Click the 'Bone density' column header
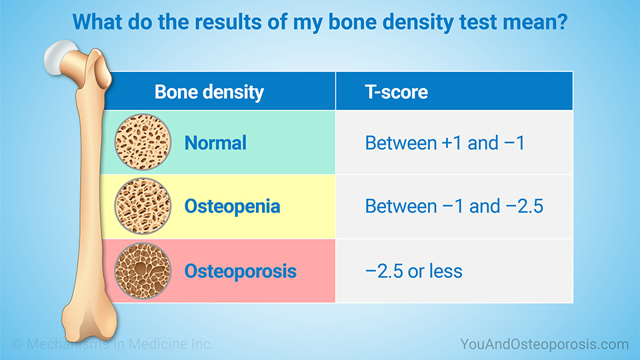pyautogui.click(x=209, y=92)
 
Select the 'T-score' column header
pyautogui.click(x=396, y=92)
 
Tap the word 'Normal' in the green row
pyautogui.click(x=215, y=143)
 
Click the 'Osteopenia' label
pyautogui.click(x=232, y=207)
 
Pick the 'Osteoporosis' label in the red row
pyautogui.click(x=241, y=271)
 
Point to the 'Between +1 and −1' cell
pyautogui.click(x=445, y=143)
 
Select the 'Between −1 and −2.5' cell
pyautogui.click(x=454, y=206)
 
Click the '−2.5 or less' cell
pyautogui.click(x=414, y=271)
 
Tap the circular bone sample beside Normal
pyautogui.click(x=143, y=142)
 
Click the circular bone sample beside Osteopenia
pyautogui.click(x=143, y=206)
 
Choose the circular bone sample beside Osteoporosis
pyautogui.click(x=143, y=271)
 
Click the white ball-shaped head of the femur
pyautogui.click(x=59, y=57)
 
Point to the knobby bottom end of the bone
pyautogui.click(x=89, y=321)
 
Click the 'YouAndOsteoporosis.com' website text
pyautogui.click(x=545, y=344)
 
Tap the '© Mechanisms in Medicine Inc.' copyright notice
pyautogui.click(x=113, y=344)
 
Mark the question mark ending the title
pyautogui.click(x=563, y=22)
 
